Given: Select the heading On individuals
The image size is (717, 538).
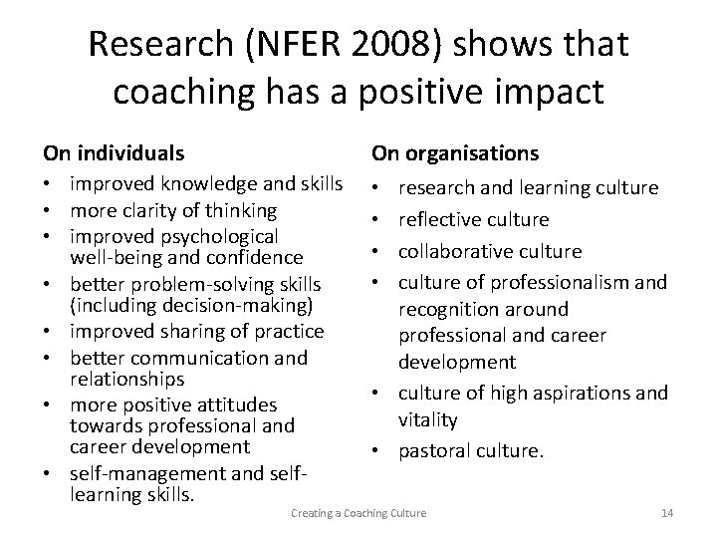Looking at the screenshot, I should pyautogui.click(x=113, y=153).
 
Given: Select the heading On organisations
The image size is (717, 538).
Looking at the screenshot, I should pyautogui.click(x=455, y=153).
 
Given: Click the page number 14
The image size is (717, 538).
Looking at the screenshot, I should pyautogui.click(x=667, y=512).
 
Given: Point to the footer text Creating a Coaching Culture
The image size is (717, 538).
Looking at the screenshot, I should pyautogui.click(x=358, y=512).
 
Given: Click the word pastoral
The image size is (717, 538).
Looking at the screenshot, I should pyautogui.click(x=435, y=451).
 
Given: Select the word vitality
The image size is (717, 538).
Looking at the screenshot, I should pyautogui.click(x=428, y=419).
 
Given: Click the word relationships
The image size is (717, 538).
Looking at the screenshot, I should pyautogui.click(x=126, y=379).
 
